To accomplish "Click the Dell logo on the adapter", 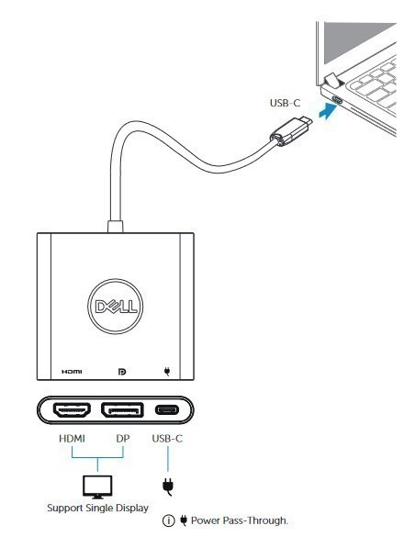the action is coord(115,307).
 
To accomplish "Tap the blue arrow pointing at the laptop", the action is coord(329,111).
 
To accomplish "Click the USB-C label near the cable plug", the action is coord(285,103).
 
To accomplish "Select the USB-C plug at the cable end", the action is coord(291,132).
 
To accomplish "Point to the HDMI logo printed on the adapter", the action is coord(72,372).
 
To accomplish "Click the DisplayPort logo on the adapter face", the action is coord(122,372).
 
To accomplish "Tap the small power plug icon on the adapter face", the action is coord(167,372).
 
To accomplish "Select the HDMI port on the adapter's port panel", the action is coord(72,410).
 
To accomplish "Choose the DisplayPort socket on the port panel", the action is coord(122,410).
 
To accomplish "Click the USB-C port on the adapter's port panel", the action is coord(167,410).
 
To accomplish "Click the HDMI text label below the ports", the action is coord(72,439).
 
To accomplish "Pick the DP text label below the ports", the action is coord(123,439).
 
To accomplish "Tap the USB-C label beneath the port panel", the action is coord(167,439).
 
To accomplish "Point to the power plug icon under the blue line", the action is coord(168,486).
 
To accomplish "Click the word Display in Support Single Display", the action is coord(132,508).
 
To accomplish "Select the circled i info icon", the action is coord(169,520).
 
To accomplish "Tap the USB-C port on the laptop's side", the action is coord(337,100).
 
